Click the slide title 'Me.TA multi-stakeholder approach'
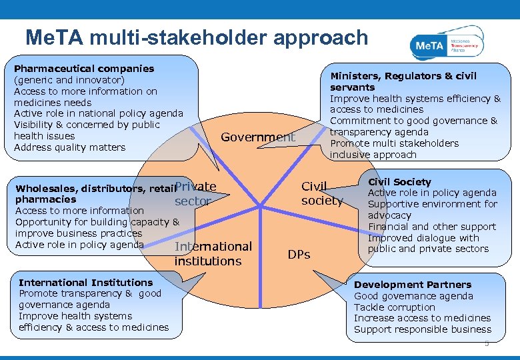(x=196, y=38)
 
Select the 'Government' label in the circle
(x=258, y=137)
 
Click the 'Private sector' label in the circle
(x=195, y=194)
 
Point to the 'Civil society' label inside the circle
(x=321, y=194)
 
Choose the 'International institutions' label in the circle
(x=213, y=254)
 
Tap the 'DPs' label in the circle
(x=299, y=255)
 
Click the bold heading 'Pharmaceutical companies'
(x=84, y=69)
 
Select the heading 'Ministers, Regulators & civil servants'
(x=403, y=81)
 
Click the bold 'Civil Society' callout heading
(x=399, y=182)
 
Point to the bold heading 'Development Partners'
(x=412, y=285)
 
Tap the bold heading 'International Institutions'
(x=86, y=283)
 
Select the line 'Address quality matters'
(x=69, y=147)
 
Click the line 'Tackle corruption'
(x=394, y=307)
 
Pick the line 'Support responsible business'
(x=422, y=329)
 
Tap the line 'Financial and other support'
(x=431, y=227)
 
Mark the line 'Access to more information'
(x=79, y=211)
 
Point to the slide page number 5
(x=487, y=344)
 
